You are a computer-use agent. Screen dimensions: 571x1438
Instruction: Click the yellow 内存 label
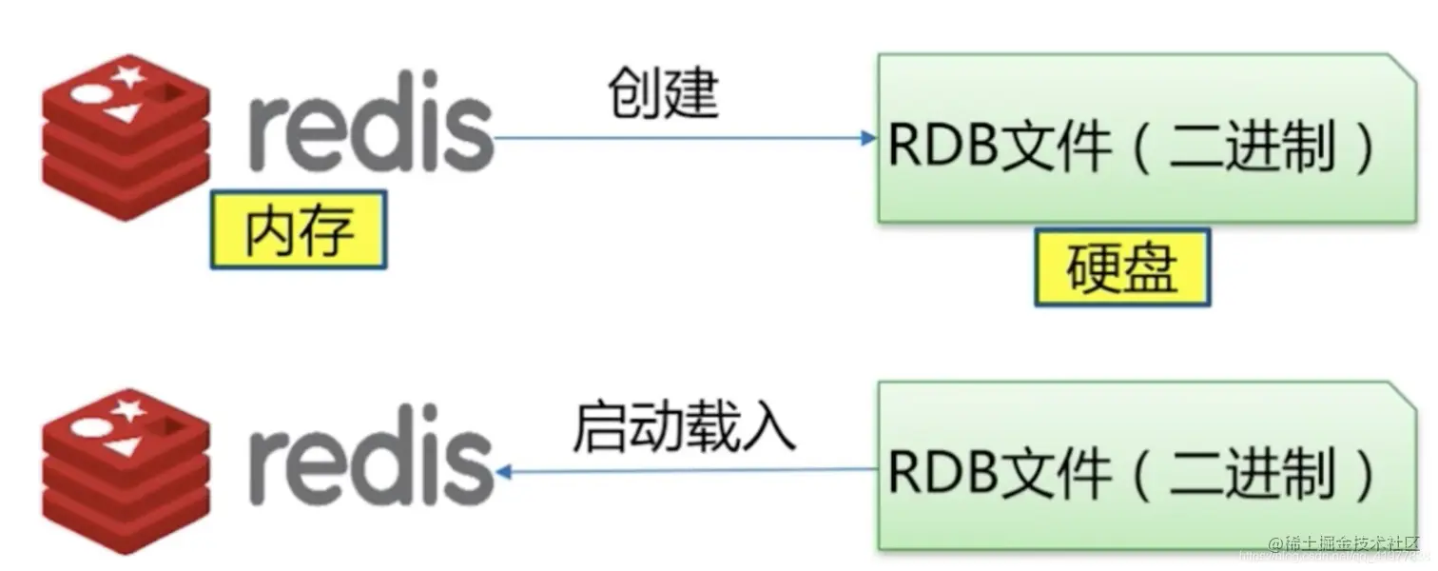(x=299, y=229)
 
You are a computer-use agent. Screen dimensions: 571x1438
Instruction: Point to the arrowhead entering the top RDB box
(x=867, y=139)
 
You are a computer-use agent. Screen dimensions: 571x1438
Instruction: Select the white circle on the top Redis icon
(x=88, y=95)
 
